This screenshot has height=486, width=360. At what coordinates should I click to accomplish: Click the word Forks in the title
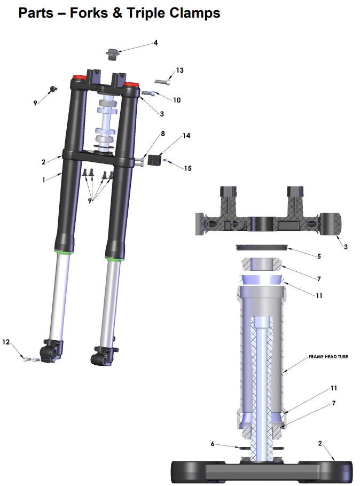(89, 13)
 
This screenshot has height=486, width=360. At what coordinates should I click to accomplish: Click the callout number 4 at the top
(155, 43)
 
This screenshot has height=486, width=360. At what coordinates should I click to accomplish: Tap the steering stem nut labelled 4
(112, 54)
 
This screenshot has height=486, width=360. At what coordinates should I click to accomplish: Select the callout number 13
(180, 70)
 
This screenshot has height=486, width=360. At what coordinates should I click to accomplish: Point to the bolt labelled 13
(163, 81)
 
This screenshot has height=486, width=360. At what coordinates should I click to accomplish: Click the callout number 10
(177, 100)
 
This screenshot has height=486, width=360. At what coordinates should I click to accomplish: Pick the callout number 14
(186, 136)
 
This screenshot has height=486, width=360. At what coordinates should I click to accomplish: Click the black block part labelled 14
(155, 160)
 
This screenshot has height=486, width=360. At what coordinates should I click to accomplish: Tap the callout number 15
(187, 168)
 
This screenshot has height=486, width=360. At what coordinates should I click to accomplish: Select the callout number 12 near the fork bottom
(6, 342)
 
